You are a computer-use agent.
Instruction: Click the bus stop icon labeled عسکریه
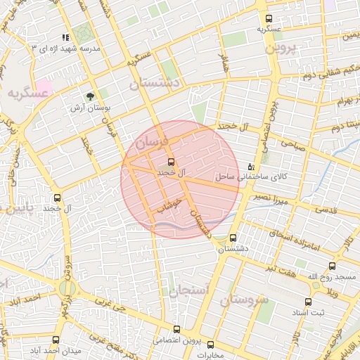coord(269,19)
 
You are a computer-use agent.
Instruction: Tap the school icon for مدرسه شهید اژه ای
coord(65,37)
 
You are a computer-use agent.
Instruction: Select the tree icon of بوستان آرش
coord(90,96)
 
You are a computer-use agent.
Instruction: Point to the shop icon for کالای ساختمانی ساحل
coord(251,167)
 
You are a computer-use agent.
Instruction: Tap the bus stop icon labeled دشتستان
coord(233,238)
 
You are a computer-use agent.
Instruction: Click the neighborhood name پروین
coord(281,49)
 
